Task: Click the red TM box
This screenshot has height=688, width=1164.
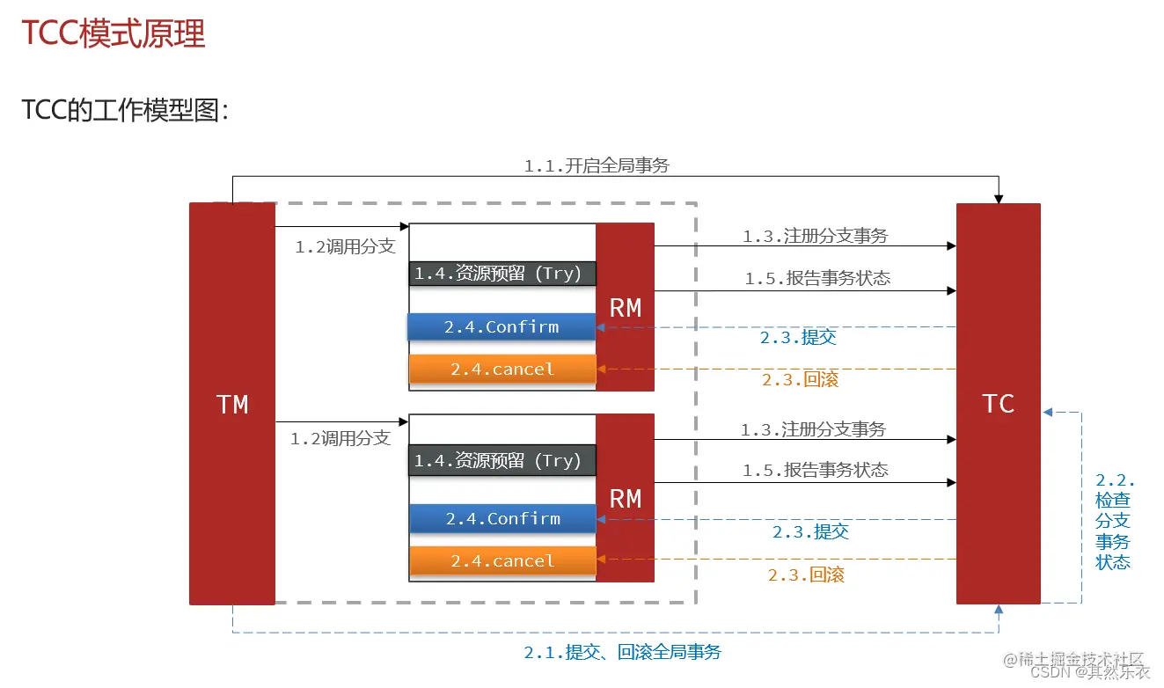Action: [x=232, y=404]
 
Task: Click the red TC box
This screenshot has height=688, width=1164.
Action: [x=998, y=404]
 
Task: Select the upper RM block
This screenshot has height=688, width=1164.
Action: [x=625, y=307]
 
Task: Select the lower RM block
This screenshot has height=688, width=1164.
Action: [x=625, y=498]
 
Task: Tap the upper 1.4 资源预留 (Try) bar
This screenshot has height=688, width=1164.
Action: [x=502, y=273]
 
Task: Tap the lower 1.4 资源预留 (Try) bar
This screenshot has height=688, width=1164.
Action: [x=502, y=460]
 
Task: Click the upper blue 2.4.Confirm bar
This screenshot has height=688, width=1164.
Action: [x=501, y=326]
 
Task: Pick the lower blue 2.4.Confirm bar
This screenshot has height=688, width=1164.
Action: [x=502, y=518]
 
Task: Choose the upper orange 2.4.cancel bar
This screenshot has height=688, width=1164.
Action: [x=502, y=369]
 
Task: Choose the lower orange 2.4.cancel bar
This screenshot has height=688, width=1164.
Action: [x=502, y=560]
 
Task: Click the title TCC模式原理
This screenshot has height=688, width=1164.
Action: [x=113, y=33]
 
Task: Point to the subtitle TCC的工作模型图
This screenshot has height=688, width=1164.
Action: [x=125, y=110]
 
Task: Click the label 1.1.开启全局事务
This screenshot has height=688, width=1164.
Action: [x=597, y=165]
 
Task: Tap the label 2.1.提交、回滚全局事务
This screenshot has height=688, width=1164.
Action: [x=622, y=652]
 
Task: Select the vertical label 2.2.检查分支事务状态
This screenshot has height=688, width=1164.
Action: [x=1114, y=521]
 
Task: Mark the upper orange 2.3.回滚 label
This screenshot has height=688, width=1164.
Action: [x=800, y=379]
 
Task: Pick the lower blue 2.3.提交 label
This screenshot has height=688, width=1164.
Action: [x=810, y=531]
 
